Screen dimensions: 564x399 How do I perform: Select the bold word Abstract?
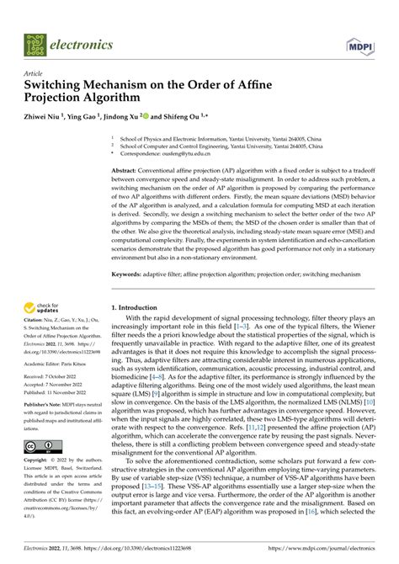click(129, 170)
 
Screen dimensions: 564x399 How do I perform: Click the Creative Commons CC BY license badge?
click(40, 446)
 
